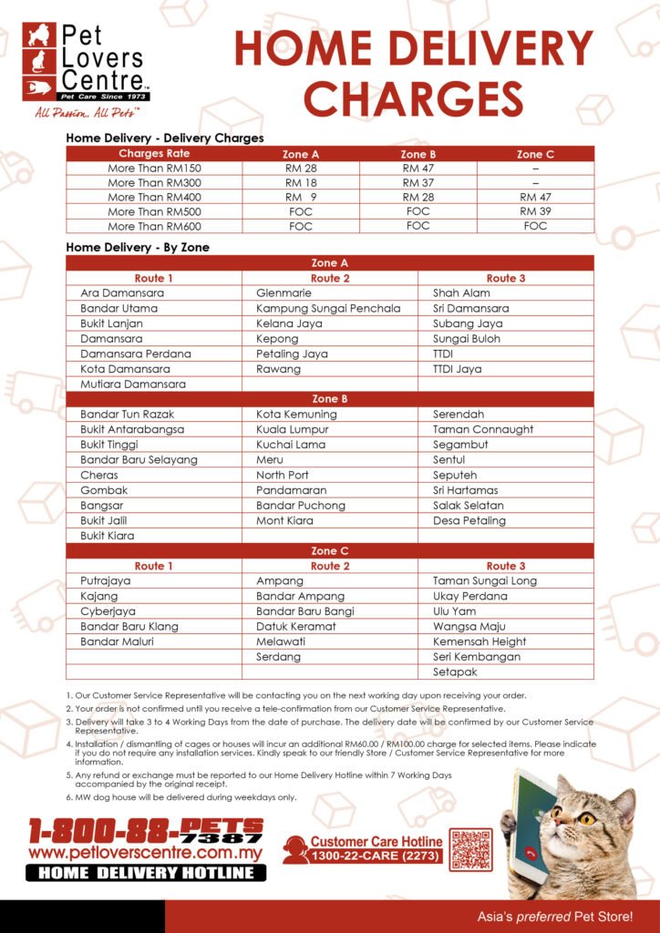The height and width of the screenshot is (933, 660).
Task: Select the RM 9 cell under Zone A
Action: [x=300, y=197]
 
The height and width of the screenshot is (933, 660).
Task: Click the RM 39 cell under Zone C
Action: [x=535, y=211]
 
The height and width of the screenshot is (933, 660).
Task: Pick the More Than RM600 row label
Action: [x=154, y=226]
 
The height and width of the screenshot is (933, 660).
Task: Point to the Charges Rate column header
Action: [x=154, y=154]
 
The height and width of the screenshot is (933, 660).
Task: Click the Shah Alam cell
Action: [x=461, y=293]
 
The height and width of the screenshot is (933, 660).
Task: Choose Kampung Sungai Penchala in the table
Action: [x=328, y=309]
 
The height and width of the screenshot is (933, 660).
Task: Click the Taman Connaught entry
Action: [x=483, y=429]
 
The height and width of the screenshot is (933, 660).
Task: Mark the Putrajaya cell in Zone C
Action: [x=106, y=581]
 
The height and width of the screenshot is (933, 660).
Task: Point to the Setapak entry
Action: [x=455, y=672]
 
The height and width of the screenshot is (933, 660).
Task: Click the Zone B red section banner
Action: [x=329, y=399]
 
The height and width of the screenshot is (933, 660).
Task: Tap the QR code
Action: [x=470, y=850]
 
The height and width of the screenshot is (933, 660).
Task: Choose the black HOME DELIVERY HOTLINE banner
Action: [x=146, y=873]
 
